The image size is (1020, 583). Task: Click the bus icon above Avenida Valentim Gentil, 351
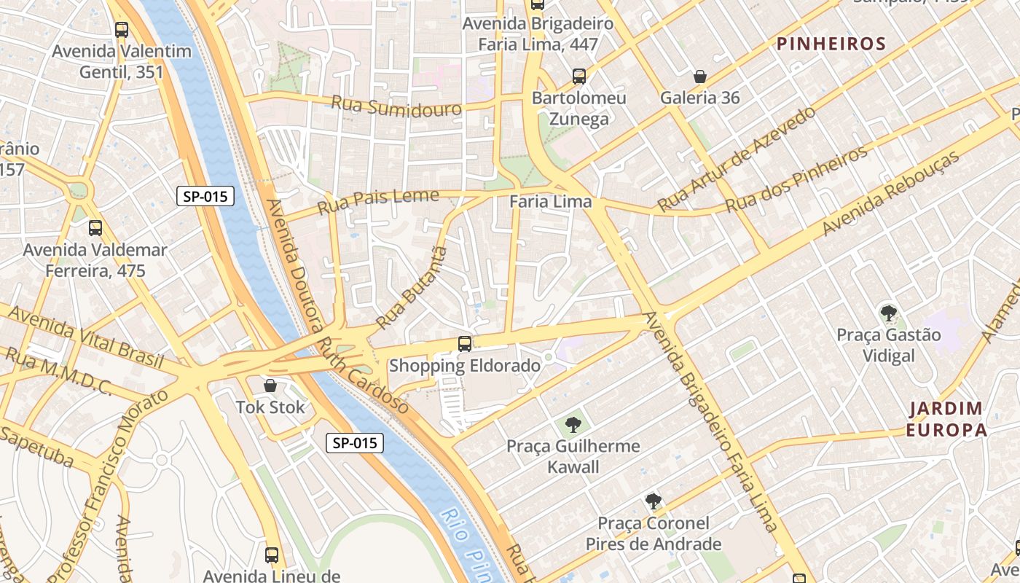122,30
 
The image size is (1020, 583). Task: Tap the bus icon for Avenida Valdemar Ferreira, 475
95,228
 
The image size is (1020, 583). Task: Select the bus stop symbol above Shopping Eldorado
465,344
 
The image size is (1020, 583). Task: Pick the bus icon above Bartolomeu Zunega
579,77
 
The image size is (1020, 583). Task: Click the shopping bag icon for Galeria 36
699,77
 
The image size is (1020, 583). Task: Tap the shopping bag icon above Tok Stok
270,386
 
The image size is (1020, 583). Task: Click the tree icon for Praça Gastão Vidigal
888,314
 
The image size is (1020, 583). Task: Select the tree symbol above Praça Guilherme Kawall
573,424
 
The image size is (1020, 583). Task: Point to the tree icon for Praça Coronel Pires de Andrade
654,501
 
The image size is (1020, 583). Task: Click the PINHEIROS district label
831,44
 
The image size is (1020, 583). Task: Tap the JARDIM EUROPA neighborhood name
946,419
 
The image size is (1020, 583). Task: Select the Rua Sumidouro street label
396,106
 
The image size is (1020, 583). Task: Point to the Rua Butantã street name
410,288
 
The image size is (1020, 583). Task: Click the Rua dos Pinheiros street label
797,179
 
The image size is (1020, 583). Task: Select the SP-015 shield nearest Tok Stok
354,442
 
